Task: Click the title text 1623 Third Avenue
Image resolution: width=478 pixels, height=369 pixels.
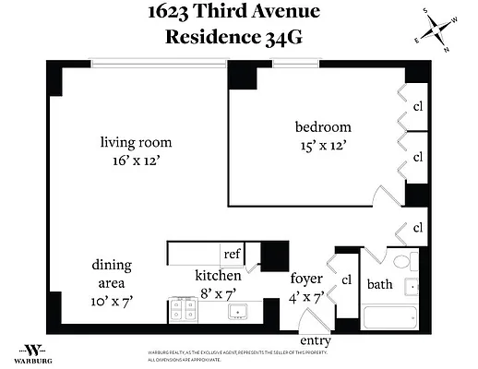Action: point(239,13)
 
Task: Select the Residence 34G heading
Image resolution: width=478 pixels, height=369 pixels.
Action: point(239,37)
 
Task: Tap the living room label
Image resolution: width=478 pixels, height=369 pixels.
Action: point(136,142)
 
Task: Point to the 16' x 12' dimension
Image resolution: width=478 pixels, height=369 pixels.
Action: point(136,161)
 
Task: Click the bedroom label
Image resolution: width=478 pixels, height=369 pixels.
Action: point(323,127)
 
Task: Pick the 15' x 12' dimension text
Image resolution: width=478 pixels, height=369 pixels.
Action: point(323,146)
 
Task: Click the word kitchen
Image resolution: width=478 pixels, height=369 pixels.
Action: point(218,275)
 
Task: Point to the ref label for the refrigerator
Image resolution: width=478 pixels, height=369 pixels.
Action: point(232,253)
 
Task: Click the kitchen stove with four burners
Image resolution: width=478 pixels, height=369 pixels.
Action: point(182,312)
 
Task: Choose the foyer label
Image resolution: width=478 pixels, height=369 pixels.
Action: point(305,278)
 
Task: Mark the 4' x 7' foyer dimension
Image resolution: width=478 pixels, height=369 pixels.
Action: point(305,296)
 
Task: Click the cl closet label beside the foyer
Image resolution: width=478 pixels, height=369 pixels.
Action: point(348,280)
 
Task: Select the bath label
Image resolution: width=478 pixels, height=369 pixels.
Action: point(380,284)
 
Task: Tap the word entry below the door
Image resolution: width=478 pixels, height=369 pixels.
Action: point(315,341)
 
